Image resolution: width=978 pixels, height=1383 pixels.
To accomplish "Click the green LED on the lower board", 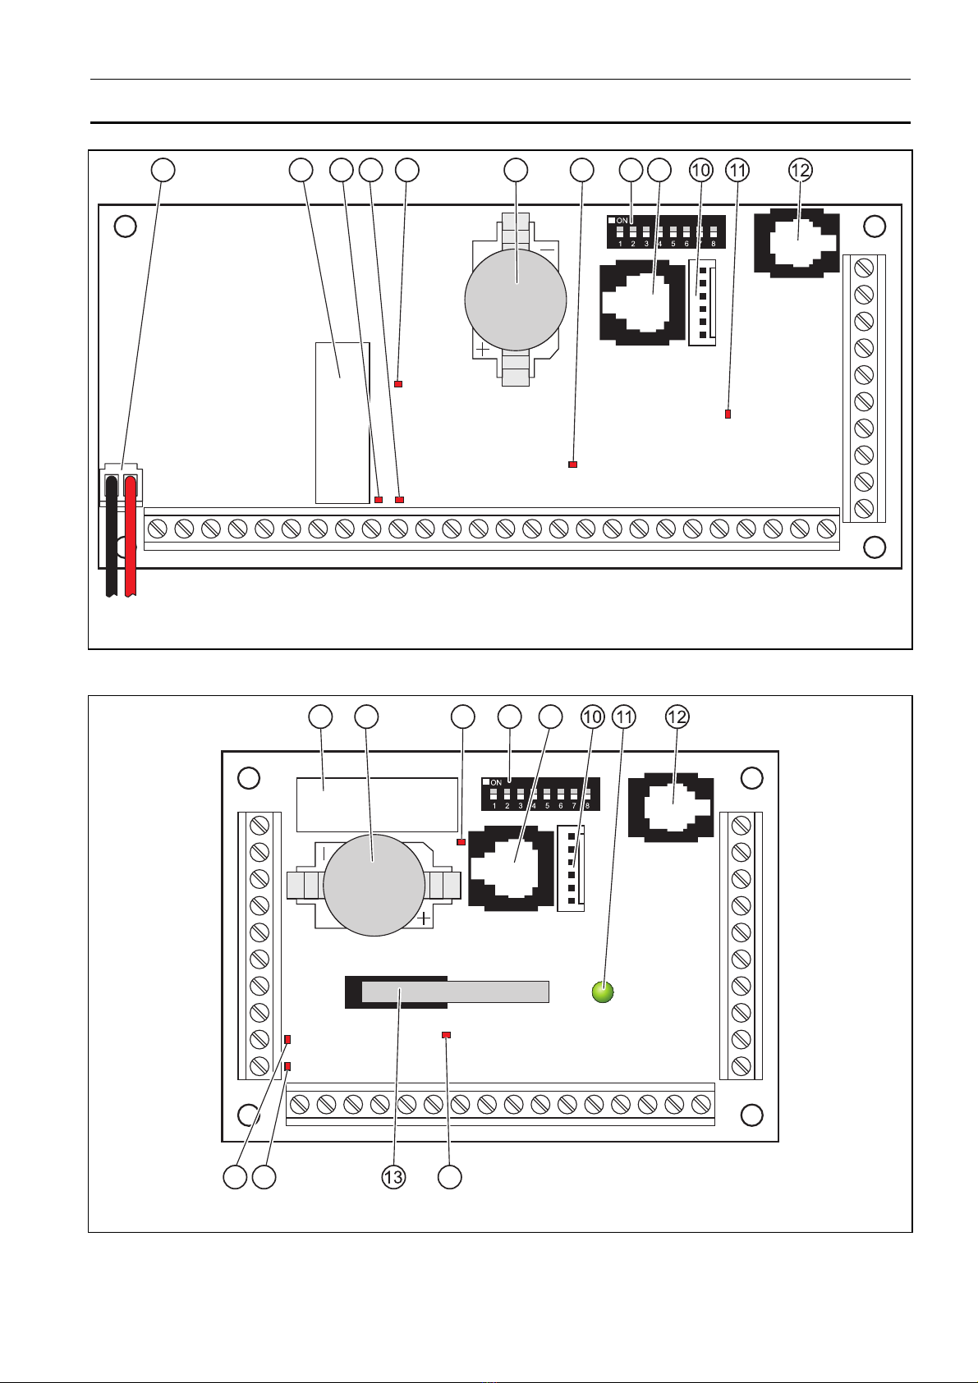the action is tap(603, 991).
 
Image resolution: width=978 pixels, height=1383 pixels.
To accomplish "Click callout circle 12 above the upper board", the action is tap(800, 170).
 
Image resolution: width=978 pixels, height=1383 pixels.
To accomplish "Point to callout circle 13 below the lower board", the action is tap(393, 1178).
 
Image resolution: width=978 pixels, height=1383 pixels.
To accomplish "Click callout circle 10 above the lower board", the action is tap(593, 717).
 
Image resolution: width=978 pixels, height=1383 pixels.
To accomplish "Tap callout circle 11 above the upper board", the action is tap(737, 170).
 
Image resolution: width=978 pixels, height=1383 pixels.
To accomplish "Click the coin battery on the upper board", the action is tap(515, 300).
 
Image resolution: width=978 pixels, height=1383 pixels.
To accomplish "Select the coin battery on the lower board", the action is tap(374, 885).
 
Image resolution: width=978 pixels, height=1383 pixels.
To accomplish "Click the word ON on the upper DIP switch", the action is tap(622, 221).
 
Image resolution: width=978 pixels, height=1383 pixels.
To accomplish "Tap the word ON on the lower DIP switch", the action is tap(495, 782).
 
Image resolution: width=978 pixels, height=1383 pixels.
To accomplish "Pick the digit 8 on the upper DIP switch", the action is tap(713, 244).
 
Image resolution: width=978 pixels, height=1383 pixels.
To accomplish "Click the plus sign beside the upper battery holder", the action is tap(483, 349).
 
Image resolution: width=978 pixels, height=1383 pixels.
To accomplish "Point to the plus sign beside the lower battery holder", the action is tap(424, 918).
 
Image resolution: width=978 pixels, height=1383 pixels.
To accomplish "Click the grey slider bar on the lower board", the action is tap(455, 991).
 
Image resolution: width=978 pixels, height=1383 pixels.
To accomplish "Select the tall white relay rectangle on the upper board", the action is tap(342, 423).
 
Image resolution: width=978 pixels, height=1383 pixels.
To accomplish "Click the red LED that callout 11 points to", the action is tap(728, 414).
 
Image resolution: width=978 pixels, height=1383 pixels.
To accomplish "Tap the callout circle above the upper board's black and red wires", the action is tap(163, 170).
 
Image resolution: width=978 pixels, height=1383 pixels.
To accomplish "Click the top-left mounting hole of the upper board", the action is tap(125, 226).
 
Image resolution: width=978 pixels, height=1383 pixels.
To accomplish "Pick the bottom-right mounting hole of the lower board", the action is tap(752, 1115).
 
